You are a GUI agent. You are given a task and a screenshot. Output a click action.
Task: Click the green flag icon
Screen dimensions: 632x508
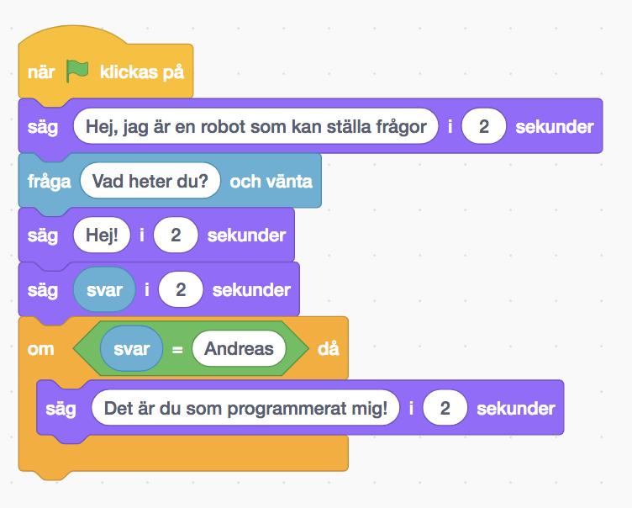pos(77,71)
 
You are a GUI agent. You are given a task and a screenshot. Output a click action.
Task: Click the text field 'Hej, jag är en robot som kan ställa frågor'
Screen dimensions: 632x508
pos(255,127)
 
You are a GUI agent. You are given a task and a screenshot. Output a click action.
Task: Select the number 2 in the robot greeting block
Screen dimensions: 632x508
pos(483,127)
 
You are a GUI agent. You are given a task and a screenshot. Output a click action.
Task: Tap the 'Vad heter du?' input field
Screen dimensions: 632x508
pos(150,181)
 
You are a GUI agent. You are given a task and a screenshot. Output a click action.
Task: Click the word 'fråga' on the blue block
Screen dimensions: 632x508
pos(50,181)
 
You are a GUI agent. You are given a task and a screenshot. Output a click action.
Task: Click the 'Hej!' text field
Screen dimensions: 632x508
pos(103,235)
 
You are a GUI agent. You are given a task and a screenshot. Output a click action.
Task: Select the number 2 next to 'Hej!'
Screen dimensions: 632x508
pos(176,235)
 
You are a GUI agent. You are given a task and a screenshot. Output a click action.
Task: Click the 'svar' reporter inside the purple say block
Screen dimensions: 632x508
pos(104,289)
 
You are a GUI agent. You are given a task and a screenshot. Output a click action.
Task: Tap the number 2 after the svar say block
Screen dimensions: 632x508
pos(181,289)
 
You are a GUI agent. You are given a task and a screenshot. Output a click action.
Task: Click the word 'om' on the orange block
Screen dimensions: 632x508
pos(40,347)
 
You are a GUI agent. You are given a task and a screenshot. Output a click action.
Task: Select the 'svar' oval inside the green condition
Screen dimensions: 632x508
pos(131,347)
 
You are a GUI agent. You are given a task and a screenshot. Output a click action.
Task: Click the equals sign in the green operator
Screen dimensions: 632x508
pos(177,348)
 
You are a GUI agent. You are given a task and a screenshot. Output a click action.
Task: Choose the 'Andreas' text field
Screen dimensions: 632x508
pos(239,347)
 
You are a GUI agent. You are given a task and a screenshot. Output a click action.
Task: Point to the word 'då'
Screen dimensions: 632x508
pos(328,347)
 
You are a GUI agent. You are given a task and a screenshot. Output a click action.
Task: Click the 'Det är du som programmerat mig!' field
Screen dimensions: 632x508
pos(245,409)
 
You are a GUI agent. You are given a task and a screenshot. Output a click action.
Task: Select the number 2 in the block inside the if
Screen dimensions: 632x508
pos(445,409)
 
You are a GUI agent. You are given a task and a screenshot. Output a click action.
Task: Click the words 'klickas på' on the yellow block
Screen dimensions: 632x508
pos(141,72)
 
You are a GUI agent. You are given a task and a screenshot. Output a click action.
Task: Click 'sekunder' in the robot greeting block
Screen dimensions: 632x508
pos(554,127)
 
